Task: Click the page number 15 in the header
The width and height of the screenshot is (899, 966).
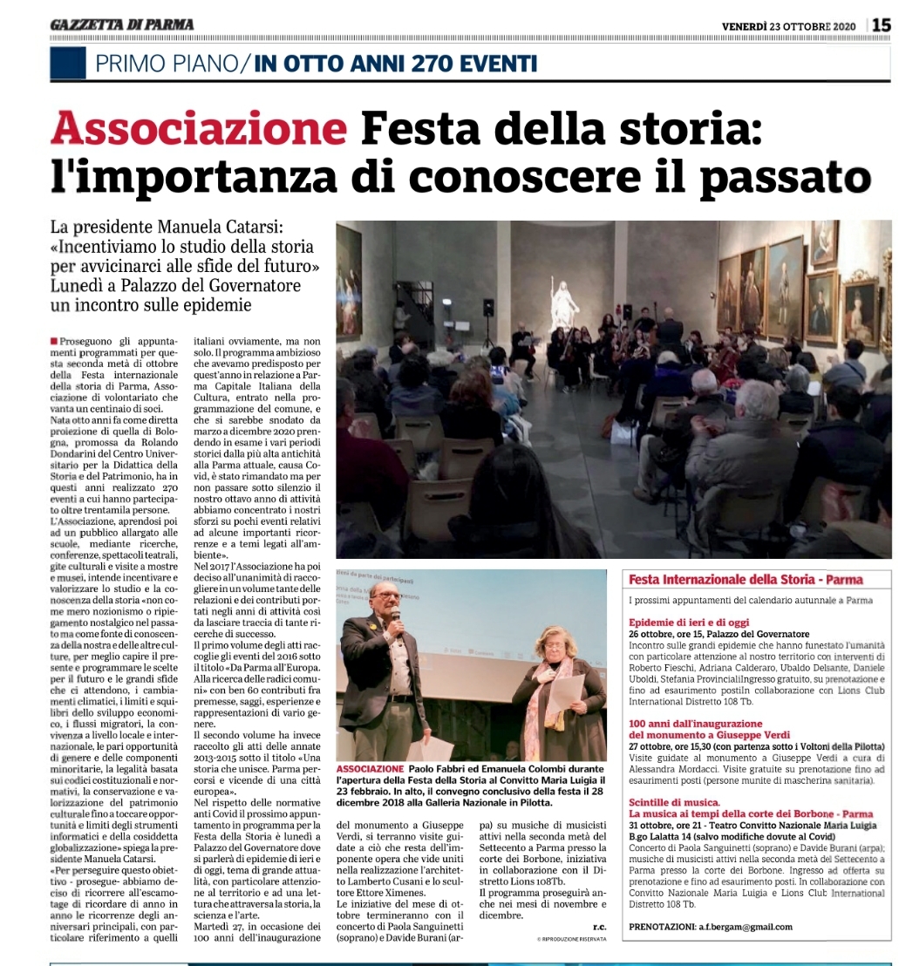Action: pos(882,25)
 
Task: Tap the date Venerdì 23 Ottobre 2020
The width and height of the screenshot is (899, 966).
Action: pos(789,25)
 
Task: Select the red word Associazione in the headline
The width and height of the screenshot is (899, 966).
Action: pos(198,131)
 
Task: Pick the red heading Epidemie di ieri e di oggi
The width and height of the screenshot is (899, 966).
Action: pos(690,622)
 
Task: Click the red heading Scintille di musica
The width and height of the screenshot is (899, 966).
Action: pos(674,802)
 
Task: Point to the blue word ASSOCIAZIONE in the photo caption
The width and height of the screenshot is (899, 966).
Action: pos(370,769)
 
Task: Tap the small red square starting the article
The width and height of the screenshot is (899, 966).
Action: pos(55,338)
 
